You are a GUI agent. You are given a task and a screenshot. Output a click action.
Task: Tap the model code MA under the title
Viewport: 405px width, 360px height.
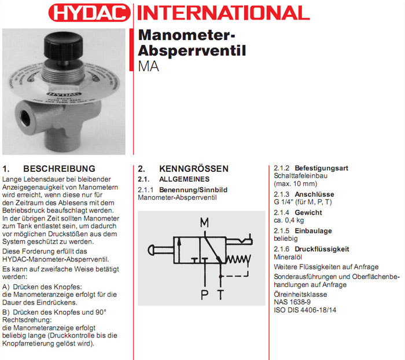[x=148, y=65]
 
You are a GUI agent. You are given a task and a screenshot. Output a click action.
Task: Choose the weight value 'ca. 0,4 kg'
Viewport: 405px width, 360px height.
[x=290, y=220]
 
